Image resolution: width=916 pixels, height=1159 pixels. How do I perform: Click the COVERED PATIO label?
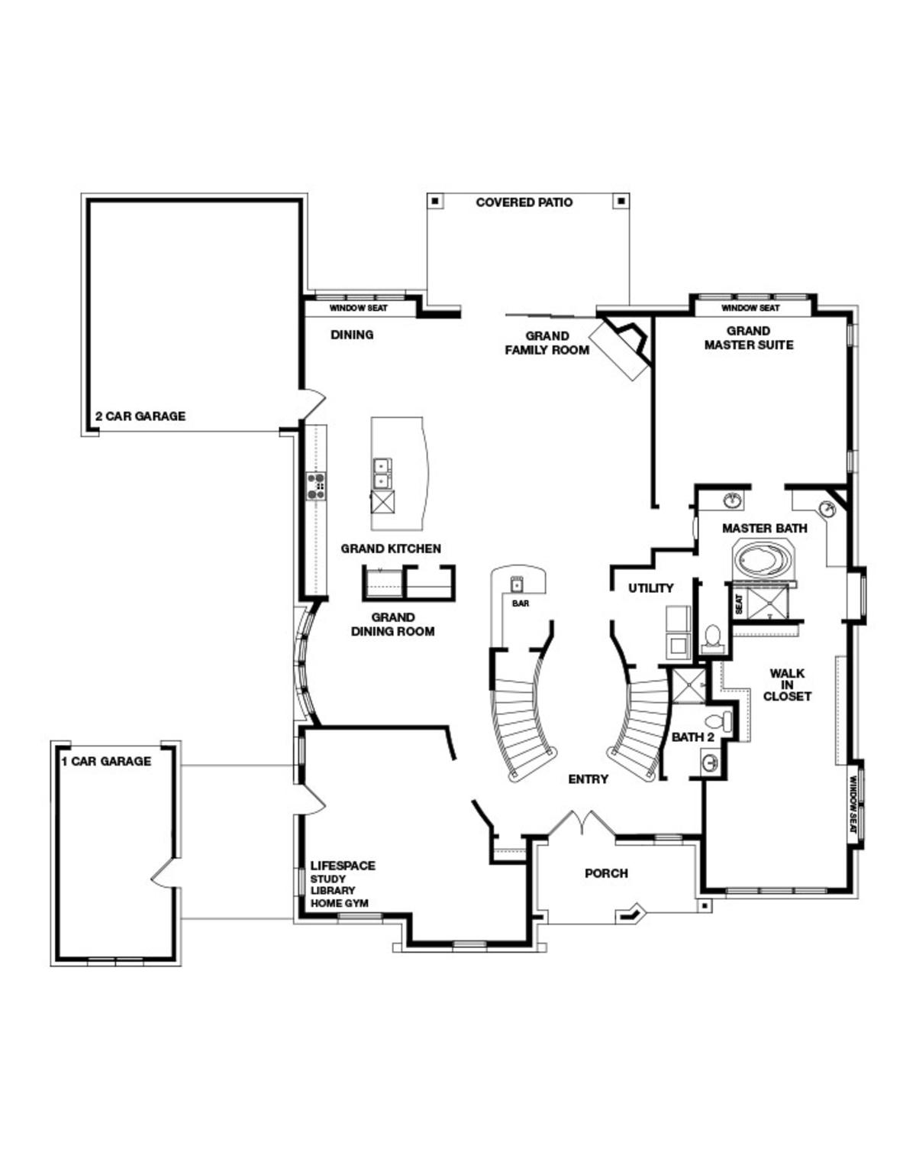[x=524, y=202]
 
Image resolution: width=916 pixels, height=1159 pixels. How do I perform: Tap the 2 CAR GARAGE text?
[x=140, y=416]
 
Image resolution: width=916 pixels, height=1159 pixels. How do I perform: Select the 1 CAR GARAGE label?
[x=106, y=761]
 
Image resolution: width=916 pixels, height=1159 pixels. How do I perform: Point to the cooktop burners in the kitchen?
[x=315, y=486]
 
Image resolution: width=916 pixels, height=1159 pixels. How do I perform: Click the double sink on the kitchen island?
[x=380, y=473]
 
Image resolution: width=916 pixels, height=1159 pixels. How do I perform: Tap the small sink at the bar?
[x=517, y=585]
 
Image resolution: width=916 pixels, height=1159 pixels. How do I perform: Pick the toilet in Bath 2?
[x=719, y=720]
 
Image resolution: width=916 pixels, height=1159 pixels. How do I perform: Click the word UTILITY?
[x=650, y=588]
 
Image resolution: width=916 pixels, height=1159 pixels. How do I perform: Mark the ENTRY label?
[x=588, y=779]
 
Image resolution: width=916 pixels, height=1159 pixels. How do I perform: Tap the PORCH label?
[x=606, y=872]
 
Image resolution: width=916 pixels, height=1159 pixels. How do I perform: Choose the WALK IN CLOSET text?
[x=787, y=685]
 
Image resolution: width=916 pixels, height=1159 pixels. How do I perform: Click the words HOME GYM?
[x=339, y=903]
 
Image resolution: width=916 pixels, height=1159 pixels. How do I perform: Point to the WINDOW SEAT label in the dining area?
[x=358, y=309]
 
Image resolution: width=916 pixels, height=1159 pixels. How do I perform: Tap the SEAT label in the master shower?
[x=739, y=604]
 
